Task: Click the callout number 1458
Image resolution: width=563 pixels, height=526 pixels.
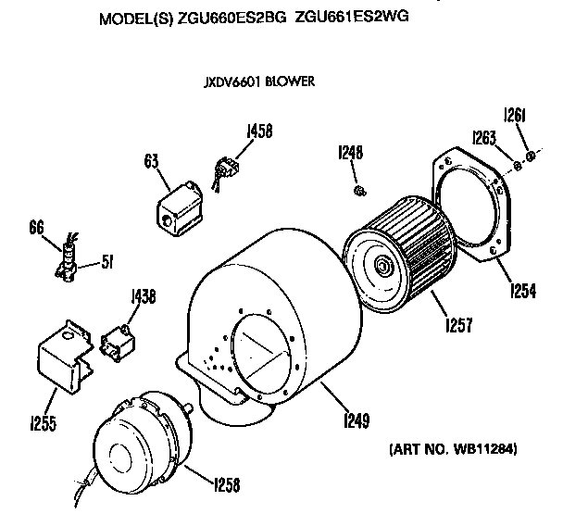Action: [x=259, y=131]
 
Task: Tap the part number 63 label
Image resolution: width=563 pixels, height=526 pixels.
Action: [x=151, y=161]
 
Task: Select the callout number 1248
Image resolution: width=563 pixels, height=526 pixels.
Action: [x=350, y=152]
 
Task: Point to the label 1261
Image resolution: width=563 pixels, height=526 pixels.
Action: [x=515, y=115]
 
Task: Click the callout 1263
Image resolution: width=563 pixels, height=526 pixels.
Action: [x=484, y=137]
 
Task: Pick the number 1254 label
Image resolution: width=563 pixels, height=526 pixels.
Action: [x=523, y=290]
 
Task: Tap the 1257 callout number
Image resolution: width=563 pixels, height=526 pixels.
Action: [x=459, y=324]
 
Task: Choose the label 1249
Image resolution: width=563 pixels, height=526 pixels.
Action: [x=357, y=420]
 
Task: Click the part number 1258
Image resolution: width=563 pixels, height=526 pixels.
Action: [x=227, y=484]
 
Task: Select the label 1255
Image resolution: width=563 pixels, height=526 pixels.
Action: [x=44, y=423]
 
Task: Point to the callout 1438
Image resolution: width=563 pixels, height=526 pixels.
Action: [x=144, y=296]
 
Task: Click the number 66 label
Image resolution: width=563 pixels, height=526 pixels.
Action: [x=36, y=228]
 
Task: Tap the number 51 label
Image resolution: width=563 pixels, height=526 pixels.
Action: [x=107, y=262]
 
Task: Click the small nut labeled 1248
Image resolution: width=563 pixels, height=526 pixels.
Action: [x=359, y=191]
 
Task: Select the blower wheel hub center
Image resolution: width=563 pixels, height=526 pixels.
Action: [x=381, y=266]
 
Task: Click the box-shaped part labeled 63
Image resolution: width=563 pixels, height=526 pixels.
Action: [x=180, y=209]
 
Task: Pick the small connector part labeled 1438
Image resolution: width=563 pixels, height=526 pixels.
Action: [x=119, y=343]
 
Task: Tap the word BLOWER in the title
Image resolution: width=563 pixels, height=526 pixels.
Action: [x=290, y=81]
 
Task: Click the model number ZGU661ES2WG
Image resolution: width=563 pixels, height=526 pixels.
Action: [x=352, y=17]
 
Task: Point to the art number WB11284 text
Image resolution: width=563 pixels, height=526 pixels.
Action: [x=484, y=449]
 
